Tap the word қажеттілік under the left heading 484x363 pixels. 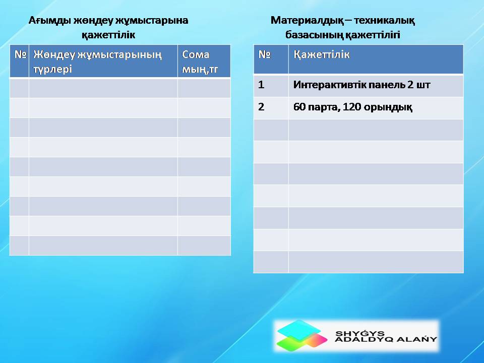[x=108, y=35]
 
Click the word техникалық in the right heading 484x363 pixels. [x=384, y=21]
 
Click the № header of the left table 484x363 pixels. [x=20, y=54]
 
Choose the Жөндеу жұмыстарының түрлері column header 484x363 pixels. [x=97, y=62]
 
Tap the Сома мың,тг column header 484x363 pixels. [x=200, y=62]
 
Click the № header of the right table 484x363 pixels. [x=265, y=54]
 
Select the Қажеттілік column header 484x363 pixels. [x=321, y=55]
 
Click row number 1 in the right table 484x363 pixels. [x=261, y=85]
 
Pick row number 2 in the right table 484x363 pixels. [x=261, y=107]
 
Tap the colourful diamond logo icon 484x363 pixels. [x=301, y=335]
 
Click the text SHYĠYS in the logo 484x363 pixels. [x=360, y=333]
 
